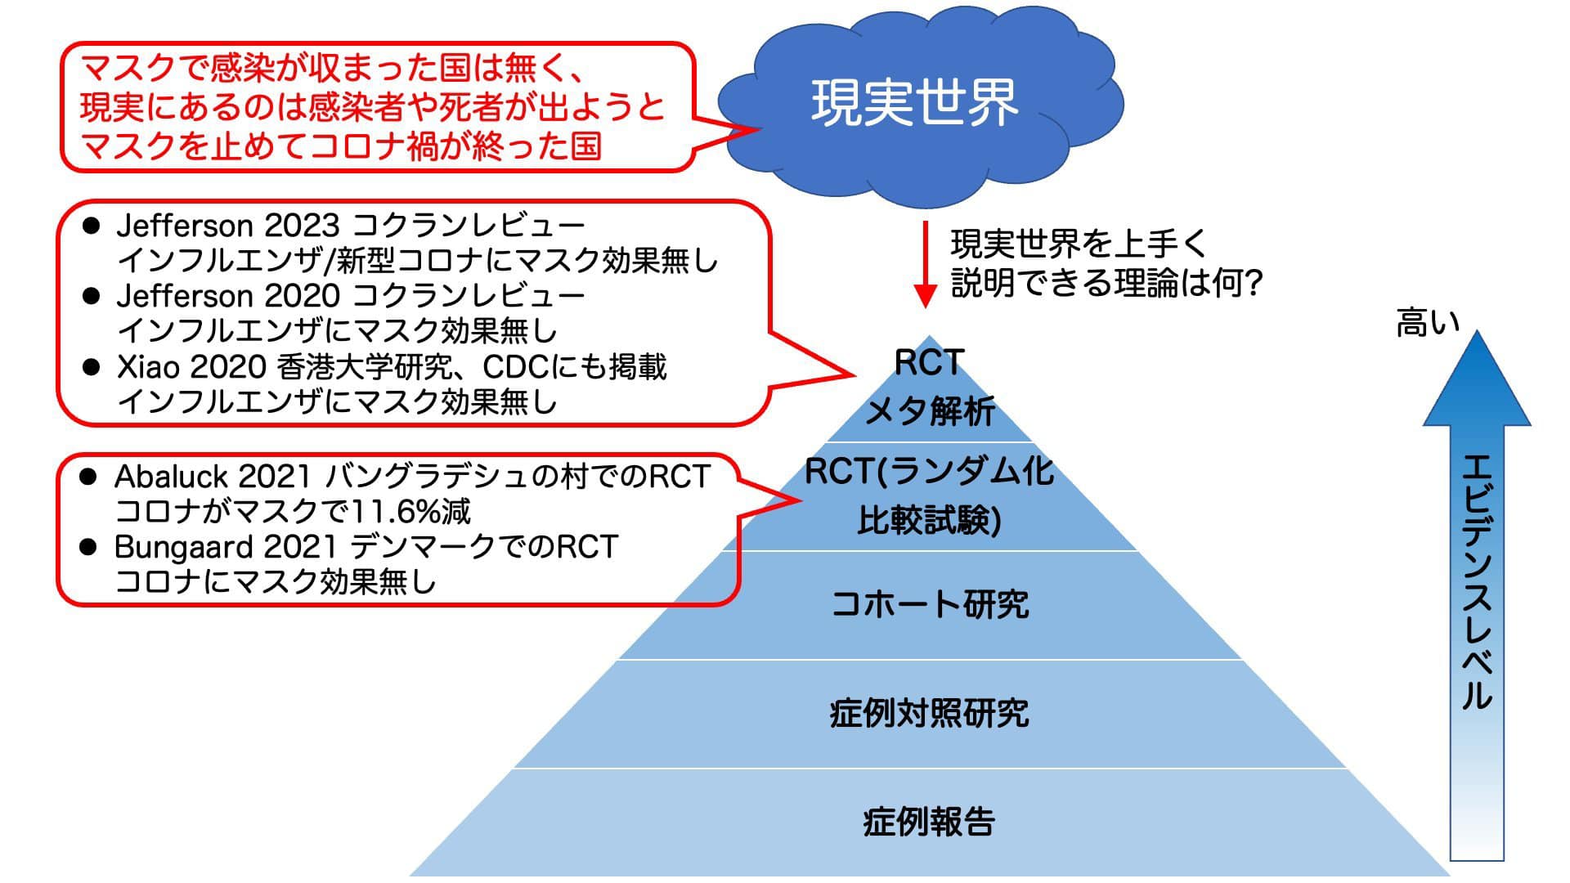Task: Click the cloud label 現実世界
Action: [x=913, y=104]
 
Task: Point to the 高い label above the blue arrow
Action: [x=1428, y=324]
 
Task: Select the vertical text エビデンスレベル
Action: [x=1477, y=581]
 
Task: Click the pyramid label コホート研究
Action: [x=930, y=604]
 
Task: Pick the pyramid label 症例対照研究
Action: [x=930, y=713]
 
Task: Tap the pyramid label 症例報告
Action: [x=930, y=822]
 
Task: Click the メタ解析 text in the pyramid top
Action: [x=930, y=410]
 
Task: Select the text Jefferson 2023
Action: [x=227, y=225]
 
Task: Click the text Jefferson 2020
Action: [x=227, y=295]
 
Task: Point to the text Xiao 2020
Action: [x=191, y=367]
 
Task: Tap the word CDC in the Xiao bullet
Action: [x=514, y=367]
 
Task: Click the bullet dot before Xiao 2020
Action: [x=91, y=366]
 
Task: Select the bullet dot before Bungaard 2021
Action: [x=88, y=546]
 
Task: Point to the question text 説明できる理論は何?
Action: [x=1108, y=283]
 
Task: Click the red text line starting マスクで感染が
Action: [x=331, y=69]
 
